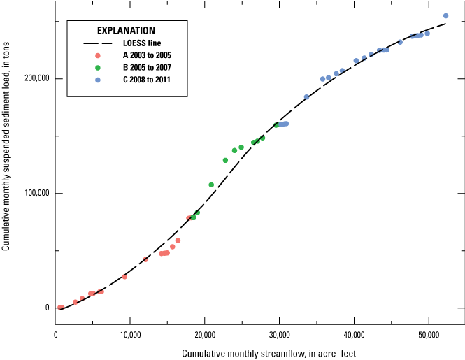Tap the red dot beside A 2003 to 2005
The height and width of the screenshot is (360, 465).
coord(98,55)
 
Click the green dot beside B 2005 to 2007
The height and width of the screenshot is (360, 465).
coord(98,68)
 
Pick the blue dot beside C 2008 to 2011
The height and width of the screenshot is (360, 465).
coord(98,80)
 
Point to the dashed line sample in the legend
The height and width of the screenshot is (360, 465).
coord(98,43)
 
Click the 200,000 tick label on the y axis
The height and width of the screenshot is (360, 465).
coord(36,78)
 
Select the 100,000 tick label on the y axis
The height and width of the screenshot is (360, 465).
coord(36,193)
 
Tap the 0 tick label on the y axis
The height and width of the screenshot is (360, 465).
coord(46,308)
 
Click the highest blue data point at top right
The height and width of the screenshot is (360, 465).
coord(445,16)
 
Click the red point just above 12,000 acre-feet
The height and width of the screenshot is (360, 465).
coord(145,259)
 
